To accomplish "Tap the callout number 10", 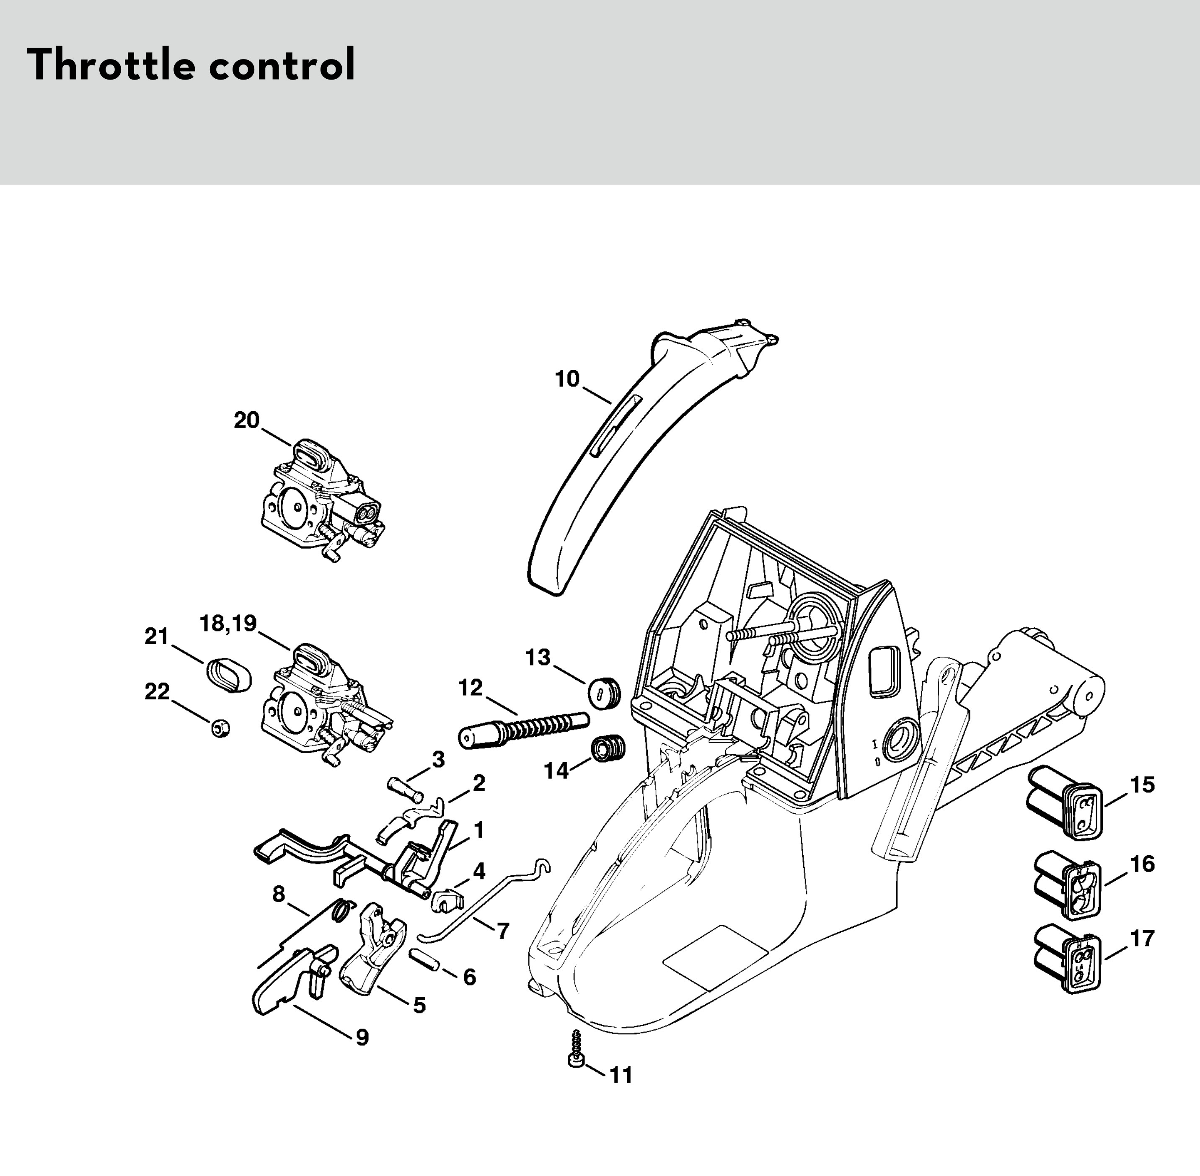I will tap(566, 379).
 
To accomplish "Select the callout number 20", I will tap(246, 420).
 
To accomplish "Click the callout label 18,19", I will tap(228, 623).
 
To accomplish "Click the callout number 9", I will tap(362, 1037).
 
